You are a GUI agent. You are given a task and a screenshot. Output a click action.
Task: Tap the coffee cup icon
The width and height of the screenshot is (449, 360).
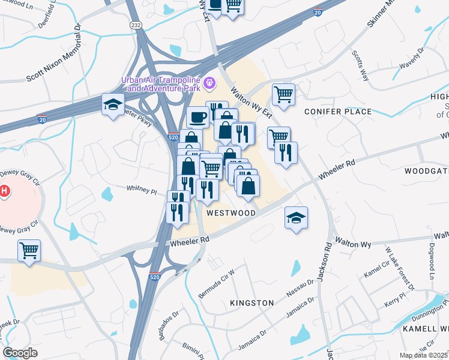click(197, 118)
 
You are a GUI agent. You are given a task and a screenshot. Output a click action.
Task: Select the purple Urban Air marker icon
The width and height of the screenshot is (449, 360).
click(209, 83)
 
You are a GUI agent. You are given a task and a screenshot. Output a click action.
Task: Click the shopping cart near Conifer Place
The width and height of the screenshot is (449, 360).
click(283, 94)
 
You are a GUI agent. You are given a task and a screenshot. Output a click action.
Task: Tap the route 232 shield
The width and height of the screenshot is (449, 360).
click(137, 24)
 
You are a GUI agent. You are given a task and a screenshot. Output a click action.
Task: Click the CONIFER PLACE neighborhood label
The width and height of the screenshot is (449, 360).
click(338, 112)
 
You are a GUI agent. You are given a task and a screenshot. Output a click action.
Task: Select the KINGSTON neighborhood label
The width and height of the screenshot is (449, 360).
click(252, 303)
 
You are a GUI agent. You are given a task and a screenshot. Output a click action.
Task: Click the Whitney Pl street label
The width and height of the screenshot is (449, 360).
click(141, 191)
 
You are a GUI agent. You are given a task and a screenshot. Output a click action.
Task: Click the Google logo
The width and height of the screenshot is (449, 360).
click(20, 353)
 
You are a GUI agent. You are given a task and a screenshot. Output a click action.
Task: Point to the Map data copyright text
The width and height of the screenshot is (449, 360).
click(424, 355)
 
